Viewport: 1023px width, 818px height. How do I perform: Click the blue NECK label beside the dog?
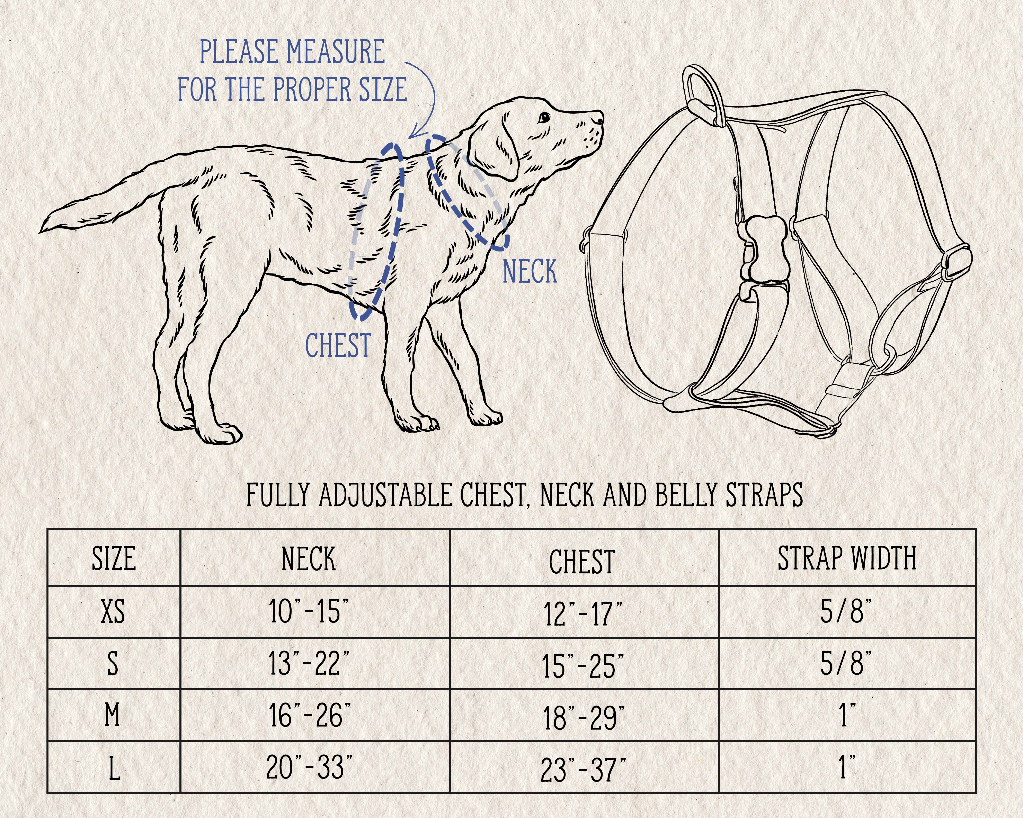(x=530, y=271)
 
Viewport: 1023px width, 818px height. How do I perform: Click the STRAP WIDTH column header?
(x=847, y=558)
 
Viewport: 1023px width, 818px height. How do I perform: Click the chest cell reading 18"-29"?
(x=584, y=717)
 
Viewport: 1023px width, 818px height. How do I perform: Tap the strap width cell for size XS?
(x=846, y=611)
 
